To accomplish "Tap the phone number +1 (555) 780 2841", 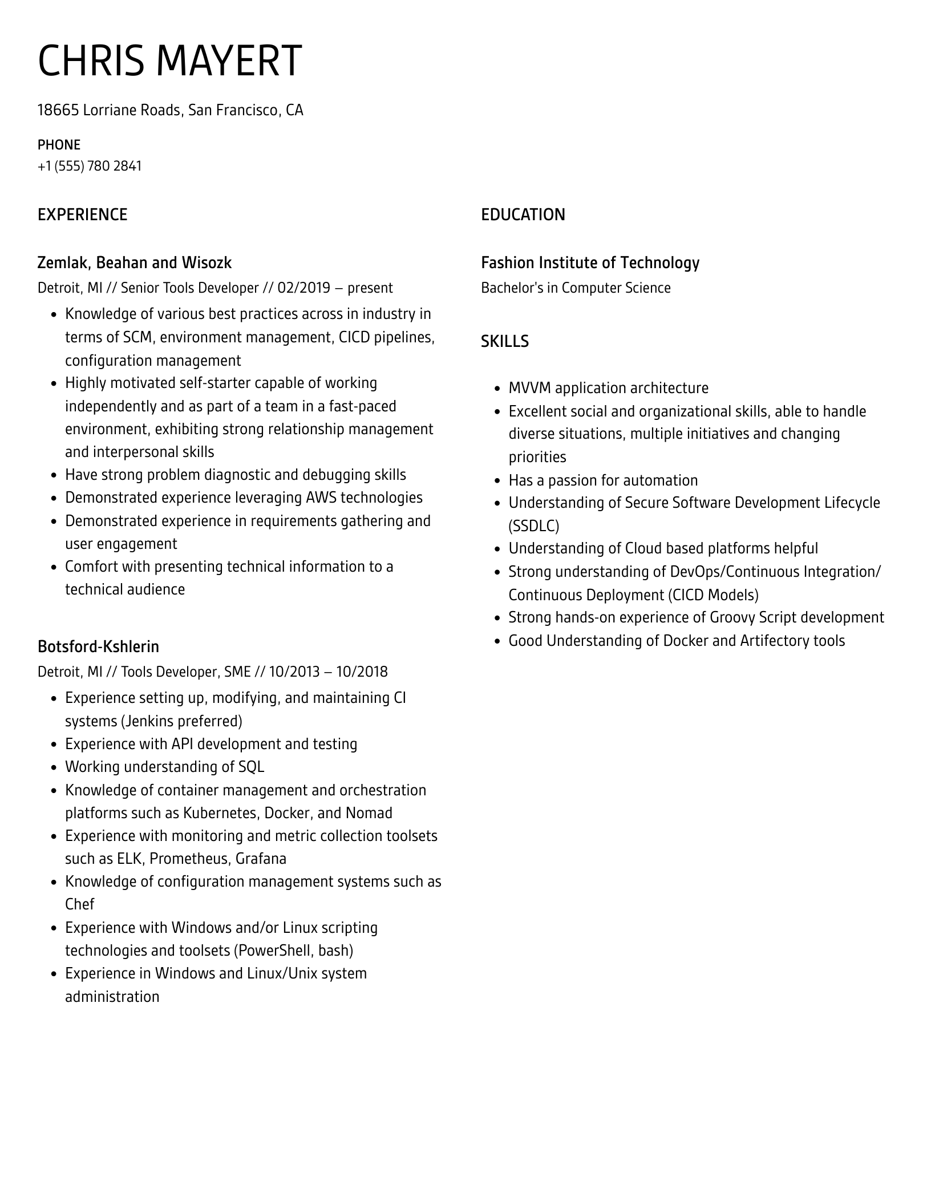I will click(x=90, y=166).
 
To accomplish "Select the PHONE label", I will click(x=59, y=145).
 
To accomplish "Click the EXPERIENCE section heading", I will click(x=82, y=215).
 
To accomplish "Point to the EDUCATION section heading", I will click(x=523, y=215).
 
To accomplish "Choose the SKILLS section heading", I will click(x=504, y=341).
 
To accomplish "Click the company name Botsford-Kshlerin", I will click(x=98, y=646).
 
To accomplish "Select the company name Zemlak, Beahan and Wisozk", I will click(x=134, y=262).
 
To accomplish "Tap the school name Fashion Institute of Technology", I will click(x=590, y=262).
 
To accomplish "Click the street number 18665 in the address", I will click(x=58, y=110).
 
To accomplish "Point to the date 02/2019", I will click(x=303, y=288).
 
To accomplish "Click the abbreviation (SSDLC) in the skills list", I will click(x=533, y=525).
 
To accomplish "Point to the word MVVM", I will click(x=529, y=388).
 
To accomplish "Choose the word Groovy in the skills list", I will click(x=731, y=617).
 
